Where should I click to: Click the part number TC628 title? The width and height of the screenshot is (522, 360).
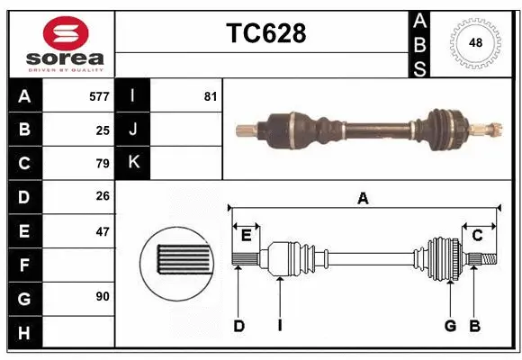[x=265, y=33]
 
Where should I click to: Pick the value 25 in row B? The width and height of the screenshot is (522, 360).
[x=102, y=130]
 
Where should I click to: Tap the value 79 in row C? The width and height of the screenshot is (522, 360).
[x=102, y=164]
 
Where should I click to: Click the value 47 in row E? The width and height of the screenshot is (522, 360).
[x=102, y=231]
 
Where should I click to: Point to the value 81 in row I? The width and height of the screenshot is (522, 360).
[x=211, y=95]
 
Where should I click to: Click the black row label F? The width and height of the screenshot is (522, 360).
[x=24, y=265]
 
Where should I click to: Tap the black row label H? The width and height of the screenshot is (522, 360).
[x=24, y=332]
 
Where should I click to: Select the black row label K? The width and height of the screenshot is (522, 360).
[x=133, y=163]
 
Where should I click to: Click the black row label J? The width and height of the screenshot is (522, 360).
[x=133, y=130]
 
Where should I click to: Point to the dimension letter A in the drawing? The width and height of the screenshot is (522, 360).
[x=363, y=199]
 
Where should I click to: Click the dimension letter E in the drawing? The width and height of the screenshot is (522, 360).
[x=246, y=236]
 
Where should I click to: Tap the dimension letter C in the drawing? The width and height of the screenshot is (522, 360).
[x=478, y=236]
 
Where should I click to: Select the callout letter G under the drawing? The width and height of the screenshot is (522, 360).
[x=449, y=326]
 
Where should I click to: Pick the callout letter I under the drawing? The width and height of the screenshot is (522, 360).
[x=280, y=326]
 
